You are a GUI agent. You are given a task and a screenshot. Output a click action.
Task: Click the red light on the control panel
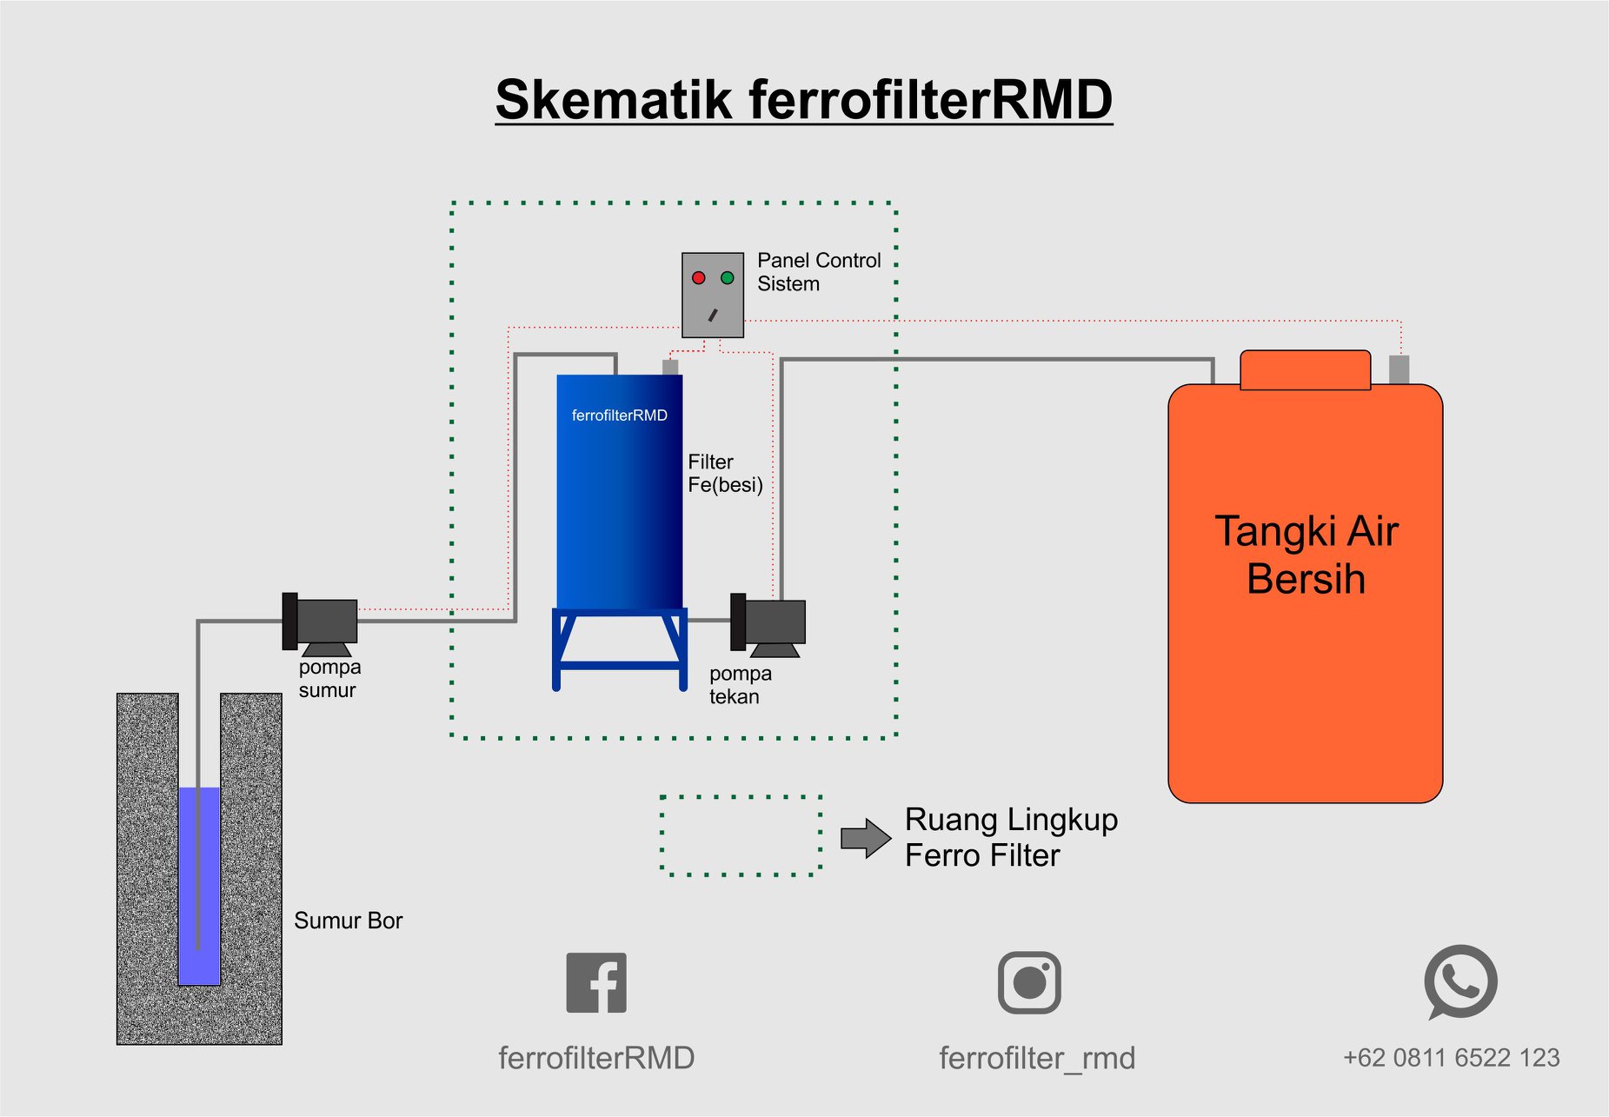click(x=698, y=278)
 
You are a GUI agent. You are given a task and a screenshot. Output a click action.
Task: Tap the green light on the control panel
click(x=727, y=278)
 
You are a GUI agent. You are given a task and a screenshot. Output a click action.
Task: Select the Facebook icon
click(x=596, y=982)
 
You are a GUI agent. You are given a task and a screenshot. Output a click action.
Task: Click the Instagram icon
click(x=1029, y=982)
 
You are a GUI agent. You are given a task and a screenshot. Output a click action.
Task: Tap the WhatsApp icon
click(x=1460, y=982)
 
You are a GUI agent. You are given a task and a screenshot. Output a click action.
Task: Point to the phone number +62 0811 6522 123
click(x=1452, y=1058)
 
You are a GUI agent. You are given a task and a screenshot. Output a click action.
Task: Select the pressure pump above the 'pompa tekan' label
click(x=768, y=625)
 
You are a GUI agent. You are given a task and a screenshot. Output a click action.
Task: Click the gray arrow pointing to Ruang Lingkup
click(x=866, y=838)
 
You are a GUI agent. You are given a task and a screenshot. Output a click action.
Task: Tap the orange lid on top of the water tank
click(x=1305, y=369)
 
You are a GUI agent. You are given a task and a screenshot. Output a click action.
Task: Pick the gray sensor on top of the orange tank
click(x=1399, y=369)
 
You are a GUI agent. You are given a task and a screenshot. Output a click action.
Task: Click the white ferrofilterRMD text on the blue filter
click(x=620, y=416)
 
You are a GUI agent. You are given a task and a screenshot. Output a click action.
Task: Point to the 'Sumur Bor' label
click(x=349, y=921)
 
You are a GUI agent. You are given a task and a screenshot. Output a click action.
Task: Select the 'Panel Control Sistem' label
click(x=819, y=272)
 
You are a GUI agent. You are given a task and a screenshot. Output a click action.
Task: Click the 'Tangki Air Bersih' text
click(x=1306, y=555)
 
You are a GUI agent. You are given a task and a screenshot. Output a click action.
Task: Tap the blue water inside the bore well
click(x=199, y=886)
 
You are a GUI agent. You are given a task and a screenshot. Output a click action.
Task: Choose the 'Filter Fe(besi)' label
click(x=725, y=474)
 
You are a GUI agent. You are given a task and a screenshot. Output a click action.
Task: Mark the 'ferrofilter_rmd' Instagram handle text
click(x=1037, y=1058)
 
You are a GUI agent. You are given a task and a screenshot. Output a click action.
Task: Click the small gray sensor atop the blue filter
click(x=670, y=367)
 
